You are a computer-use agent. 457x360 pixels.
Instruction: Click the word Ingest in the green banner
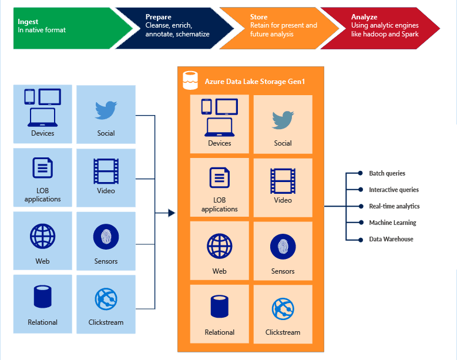point(28,22)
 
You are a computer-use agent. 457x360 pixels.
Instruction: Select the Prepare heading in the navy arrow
point(158,17)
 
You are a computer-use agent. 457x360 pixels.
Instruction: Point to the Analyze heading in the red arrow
point(364,17)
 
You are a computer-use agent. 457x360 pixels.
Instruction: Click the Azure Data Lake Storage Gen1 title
point(254,81)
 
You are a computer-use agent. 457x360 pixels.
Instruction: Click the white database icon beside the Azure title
point(190,80)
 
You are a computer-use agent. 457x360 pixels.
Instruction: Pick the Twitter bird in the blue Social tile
point(106,110)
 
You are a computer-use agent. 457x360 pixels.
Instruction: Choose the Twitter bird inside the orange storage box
point(283,120)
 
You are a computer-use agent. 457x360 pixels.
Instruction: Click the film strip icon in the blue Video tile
point(106,171)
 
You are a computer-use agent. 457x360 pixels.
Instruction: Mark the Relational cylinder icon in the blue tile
point(42,297)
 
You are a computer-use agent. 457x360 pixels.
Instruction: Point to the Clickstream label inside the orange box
point(283,332)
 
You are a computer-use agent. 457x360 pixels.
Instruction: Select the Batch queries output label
point(387,174)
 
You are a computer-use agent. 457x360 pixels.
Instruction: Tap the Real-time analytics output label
point(394,207)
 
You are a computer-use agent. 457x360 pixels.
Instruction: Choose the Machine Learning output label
point(392,223)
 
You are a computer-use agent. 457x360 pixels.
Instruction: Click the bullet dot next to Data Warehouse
point(361,240)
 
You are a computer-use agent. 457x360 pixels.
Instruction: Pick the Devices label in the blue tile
point(42,133)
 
